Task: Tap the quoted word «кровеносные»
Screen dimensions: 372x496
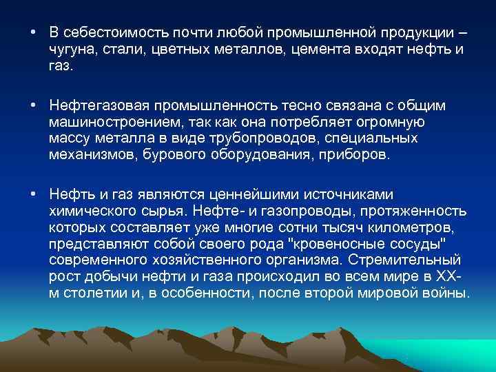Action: coord(335,245)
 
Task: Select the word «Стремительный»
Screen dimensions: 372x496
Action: coord(406,261)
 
